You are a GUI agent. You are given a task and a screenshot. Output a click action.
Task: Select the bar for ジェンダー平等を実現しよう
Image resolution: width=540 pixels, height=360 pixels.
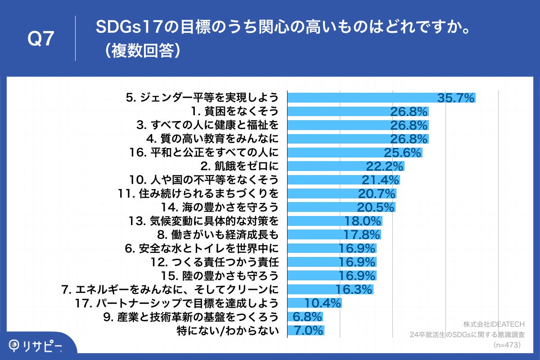click(x=360, y=97)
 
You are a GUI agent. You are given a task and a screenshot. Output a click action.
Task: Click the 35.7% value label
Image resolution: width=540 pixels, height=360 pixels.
click(x=456, y=97)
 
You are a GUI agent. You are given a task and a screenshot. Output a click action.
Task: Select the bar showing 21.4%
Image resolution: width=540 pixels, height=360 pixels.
click(x=324, y=180)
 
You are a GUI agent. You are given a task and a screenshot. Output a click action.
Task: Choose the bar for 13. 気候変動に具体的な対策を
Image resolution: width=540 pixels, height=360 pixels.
click(x=315, y=221)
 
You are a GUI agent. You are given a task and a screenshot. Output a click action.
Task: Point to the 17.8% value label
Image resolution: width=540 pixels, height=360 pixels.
click(x=362, y=234)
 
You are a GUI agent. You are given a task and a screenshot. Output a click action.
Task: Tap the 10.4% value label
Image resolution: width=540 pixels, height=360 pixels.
click(x=323, y=303)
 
